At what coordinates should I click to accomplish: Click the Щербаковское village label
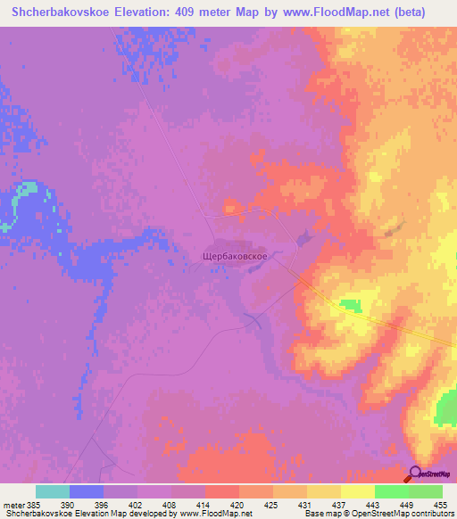point(230,255)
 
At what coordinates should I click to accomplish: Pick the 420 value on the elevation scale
point(238,504)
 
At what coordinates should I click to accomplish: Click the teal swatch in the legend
point(53,491)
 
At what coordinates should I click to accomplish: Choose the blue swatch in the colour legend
point(87,491)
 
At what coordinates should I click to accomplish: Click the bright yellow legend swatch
point(357,491)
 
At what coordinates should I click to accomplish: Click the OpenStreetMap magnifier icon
point(416,474)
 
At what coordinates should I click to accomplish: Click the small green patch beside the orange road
point(351,306)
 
